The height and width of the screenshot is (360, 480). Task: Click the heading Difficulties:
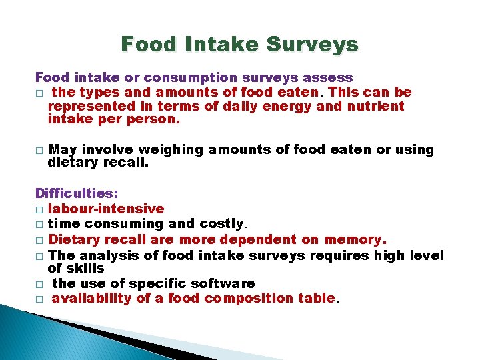pyautogui.click(x=77, y=194)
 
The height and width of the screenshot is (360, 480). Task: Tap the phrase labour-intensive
pyautogui.click(x=107, y=209)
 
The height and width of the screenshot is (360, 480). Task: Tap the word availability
pyautogui.click(x=92, y=298)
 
